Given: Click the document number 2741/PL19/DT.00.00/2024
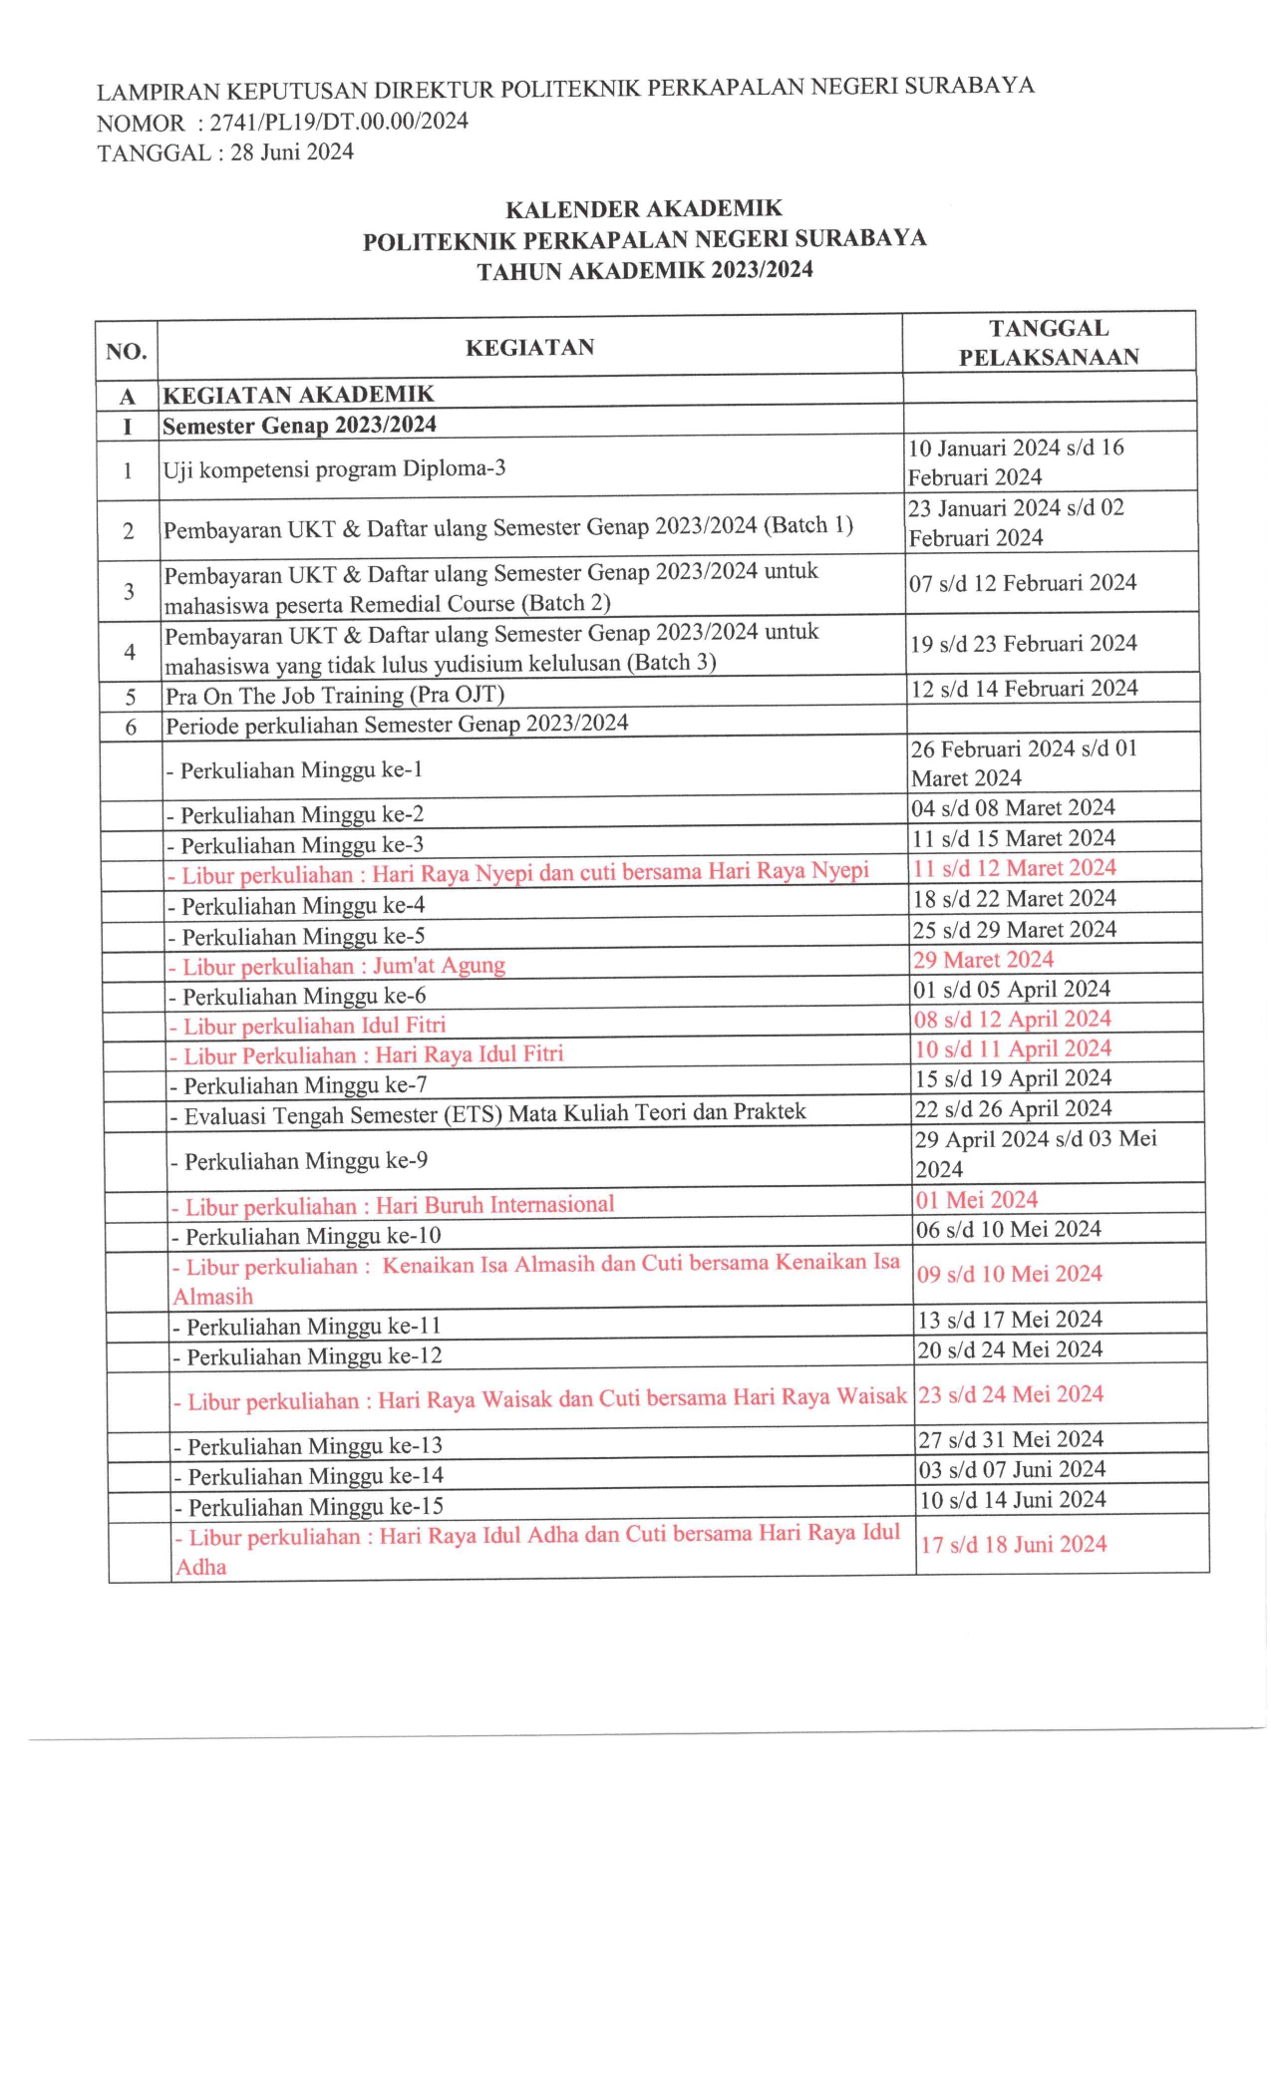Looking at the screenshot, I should [339, 123].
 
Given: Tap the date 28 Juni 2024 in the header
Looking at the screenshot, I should [292, 152].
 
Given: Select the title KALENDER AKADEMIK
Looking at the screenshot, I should [644, 209].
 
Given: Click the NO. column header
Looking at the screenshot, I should [127, 351].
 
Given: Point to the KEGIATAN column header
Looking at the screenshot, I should [529, 347].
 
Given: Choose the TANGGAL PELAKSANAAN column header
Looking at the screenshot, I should [1049, 343].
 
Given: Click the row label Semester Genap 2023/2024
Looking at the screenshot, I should [299, 426].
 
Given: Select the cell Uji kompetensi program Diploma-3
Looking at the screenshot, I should [335, 468].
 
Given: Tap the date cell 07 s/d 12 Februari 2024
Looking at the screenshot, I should [1023, 583].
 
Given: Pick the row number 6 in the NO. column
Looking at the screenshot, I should [131, 727].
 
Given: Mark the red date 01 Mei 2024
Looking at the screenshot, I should [977, 1200].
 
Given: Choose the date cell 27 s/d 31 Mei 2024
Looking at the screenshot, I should [1011, 1439].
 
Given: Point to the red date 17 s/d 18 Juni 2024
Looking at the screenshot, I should [1013, 1545].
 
